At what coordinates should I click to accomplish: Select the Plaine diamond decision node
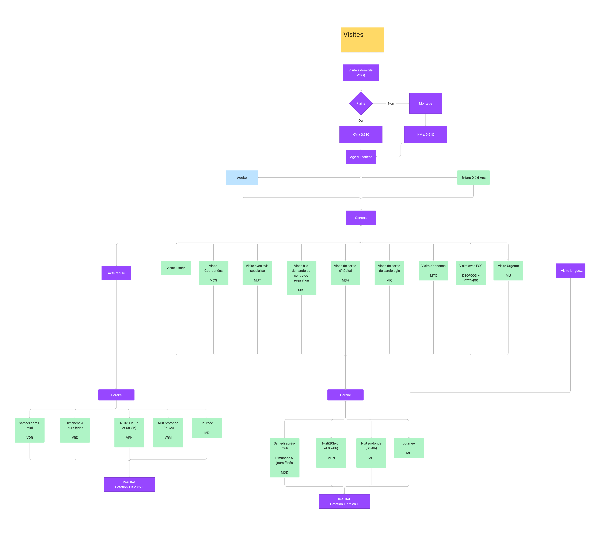(361, 103)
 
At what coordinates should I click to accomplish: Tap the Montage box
(425, 103)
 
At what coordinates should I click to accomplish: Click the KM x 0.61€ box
(361, 135)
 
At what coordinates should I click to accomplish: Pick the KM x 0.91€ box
(425, 135)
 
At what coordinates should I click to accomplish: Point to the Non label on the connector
(391, 104)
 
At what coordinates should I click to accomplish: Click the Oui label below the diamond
(361, 121)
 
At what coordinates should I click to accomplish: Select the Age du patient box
(361, 157)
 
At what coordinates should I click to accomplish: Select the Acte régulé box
(116, 273)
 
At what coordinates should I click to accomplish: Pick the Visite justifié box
(176, 268)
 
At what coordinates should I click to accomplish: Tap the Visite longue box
(570, 271)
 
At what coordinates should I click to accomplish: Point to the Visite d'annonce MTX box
(433, 271)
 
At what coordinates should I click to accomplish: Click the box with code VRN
(129, 432)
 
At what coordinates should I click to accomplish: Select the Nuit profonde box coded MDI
(371, 453)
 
